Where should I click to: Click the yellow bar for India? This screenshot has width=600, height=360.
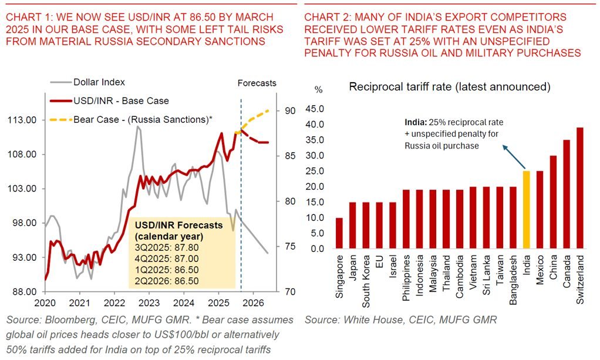click(526, 210)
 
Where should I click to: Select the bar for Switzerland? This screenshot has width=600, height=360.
click(580, 188)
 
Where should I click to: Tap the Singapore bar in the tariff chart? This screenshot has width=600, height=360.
click(338, 233)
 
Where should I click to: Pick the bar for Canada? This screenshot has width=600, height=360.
click(567, 194)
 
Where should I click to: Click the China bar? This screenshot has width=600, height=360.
click(553, 202)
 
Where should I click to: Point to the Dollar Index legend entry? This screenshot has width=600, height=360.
click(99, 82)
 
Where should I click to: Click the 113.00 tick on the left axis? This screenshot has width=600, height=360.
click(23, 120)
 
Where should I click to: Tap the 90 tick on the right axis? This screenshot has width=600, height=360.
click(290, 111)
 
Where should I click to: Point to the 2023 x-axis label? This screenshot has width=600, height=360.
click(149, 304)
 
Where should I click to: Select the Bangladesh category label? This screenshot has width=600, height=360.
click(513, 276)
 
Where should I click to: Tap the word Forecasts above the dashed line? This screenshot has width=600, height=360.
click(257, 83)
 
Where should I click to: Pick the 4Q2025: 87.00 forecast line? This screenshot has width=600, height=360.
click(167, 260)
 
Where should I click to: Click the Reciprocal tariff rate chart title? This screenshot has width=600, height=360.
click(449, 87)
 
